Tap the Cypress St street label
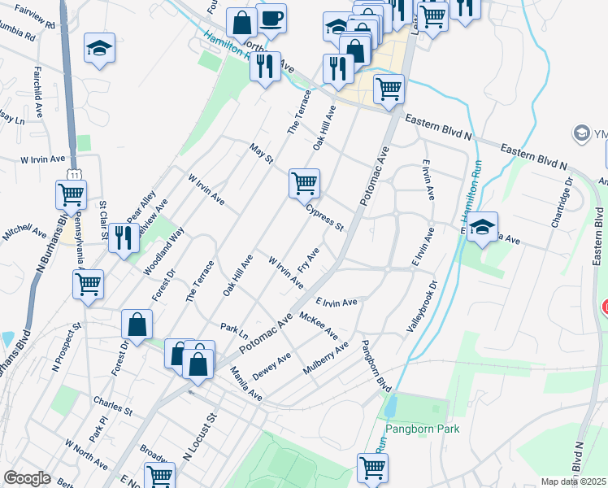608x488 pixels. (325, 216)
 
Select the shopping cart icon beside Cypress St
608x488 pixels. (304, 183)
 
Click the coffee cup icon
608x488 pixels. (271, 18)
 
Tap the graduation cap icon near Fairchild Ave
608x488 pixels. (99, 49)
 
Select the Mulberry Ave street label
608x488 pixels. (325, 359)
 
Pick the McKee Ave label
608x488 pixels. (319, 325)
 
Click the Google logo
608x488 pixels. (27, 478)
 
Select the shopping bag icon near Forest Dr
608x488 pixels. (137, 324)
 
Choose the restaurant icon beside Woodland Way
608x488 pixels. (123, 239)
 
